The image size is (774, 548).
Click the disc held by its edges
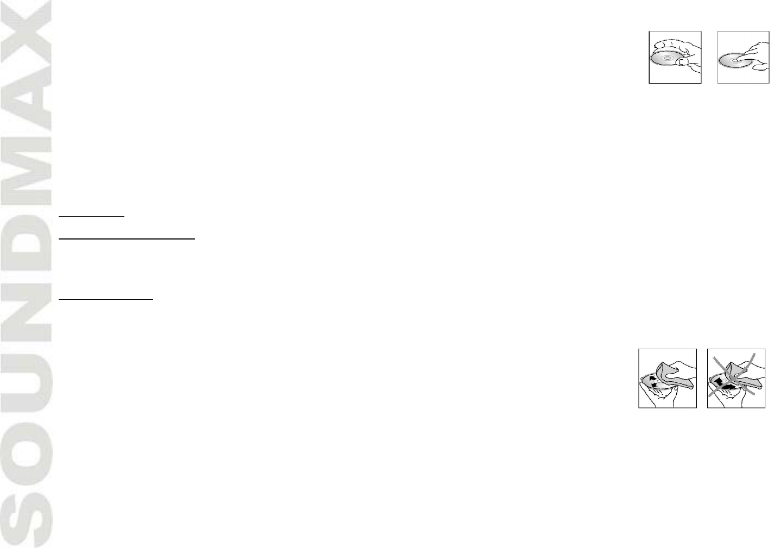669,60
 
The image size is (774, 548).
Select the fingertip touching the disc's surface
742,55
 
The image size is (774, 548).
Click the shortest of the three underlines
92,216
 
